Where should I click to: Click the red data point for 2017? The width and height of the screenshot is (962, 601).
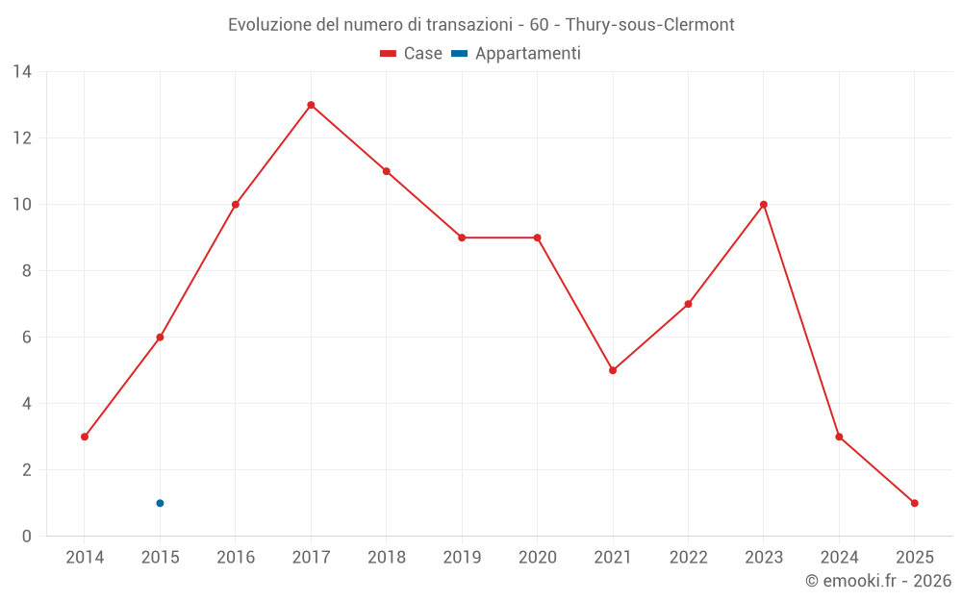point(311,105)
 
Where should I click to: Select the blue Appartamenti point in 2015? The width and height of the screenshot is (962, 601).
point(160,503)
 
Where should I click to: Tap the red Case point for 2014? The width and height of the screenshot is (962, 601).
point(85,437)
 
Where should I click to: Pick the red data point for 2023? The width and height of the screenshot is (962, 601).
point(764,205)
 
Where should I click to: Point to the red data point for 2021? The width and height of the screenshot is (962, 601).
point(613,370)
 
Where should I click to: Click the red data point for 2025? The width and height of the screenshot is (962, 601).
point(914,503)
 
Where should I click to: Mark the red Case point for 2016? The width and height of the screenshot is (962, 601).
point(236,205)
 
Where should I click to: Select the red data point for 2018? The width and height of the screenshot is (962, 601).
point(387,171)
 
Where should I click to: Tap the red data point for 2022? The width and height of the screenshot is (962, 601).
point(688,304)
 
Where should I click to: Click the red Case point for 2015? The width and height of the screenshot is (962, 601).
point(160,338)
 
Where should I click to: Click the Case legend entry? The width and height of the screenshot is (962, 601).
point(412,54)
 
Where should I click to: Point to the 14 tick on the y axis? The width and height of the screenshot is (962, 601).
point(22,72)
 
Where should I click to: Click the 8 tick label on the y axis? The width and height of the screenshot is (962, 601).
point(27,271)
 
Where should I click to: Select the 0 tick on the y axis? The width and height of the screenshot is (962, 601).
point(27,536)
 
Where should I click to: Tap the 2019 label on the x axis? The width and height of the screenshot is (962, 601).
point(462,558)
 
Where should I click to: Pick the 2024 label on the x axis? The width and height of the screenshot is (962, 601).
point(839,558)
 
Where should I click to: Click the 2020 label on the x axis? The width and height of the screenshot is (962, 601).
point(537,558)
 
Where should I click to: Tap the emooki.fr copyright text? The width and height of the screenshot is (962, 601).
point(877,581)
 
